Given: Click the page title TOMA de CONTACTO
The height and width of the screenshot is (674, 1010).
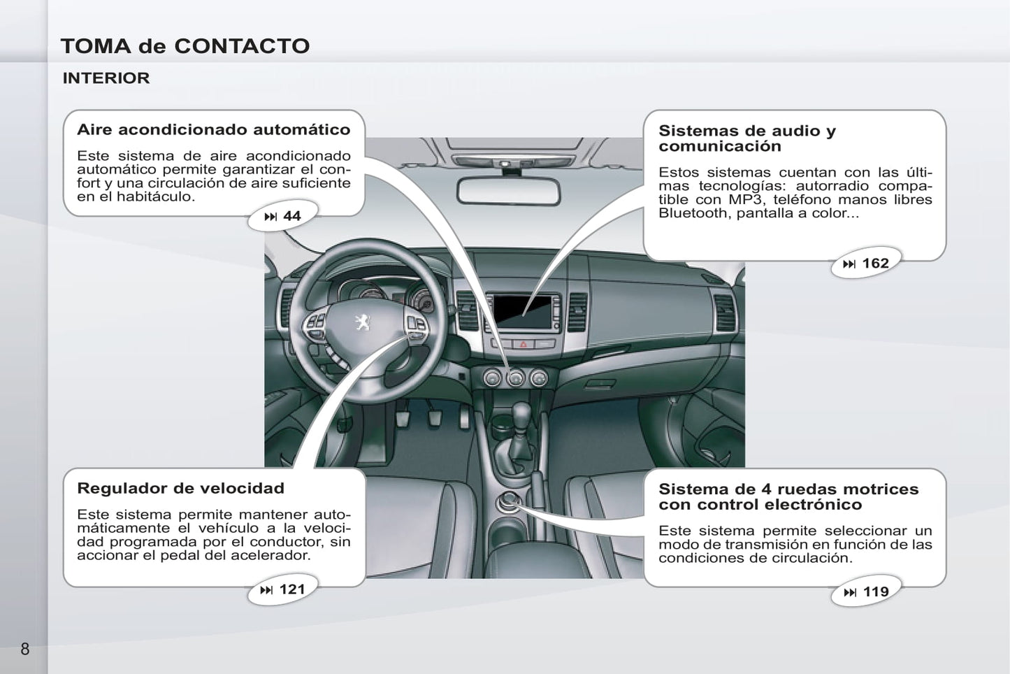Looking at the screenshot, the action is pyautogui.click(x=185, y=46).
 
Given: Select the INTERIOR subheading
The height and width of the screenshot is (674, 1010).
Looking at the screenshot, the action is pyautogui.click(x=106, y=78).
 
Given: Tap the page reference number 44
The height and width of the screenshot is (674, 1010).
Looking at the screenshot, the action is pyautogui.click(x=291, y=216).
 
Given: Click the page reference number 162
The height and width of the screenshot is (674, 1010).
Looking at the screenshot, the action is pyautogui.click(x=875, y=263).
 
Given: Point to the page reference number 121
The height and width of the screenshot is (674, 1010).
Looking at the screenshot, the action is pyautogui.click(x=292, y=589).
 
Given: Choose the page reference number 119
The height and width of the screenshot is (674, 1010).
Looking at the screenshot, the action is pyautogui.click(x=876, y=591).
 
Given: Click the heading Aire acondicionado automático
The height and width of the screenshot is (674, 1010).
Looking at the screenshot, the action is pyautogui.click(x=214, y=129).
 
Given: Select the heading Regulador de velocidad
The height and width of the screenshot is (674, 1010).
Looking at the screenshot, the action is pyautogui.click(x=181, y=488).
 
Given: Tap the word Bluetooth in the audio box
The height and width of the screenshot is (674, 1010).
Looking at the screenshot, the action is pyautogui.click(x=695, y=213).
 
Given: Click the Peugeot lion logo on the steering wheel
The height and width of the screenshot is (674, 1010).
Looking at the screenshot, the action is pyautogui.click(x=362, y=322).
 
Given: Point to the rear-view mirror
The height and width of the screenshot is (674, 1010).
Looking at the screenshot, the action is pyautogui.click(x=509, y=192).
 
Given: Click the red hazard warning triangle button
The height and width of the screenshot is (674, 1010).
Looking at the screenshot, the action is pyautogui.click(x=524, y=344).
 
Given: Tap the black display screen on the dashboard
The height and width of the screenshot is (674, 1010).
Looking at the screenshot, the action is pyautogui.click(x=523, y=312).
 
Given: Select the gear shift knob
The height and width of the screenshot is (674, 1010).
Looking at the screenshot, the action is pyautogui.click(x=522, y=414).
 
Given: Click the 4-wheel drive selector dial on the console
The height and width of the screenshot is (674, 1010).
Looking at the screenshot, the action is pyautogui.click(x=509, y=502).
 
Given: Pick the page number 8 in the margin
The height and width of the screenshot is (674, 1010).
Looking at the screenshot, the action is pyautogui.click(x=24, y=649).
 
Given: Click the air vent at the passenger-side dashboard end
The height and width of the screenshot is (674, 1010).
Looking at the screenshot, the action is pyautogui.click(x=724, y=313).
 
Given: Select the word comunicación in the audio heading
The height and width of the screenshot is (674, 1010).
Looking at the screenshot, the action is pyautogui.click(x=720, y=146).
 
